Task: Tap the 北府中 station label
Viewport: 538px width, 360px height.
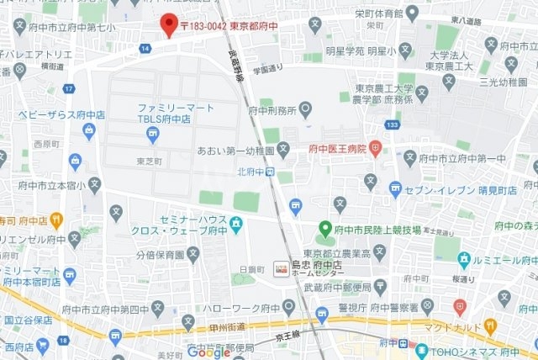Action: coord(251,172)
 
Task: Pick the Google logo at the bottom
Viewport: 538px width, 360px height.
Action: coord(208,352)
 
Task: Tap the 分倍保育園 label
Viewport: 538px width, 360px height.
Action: coord(160,252)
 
